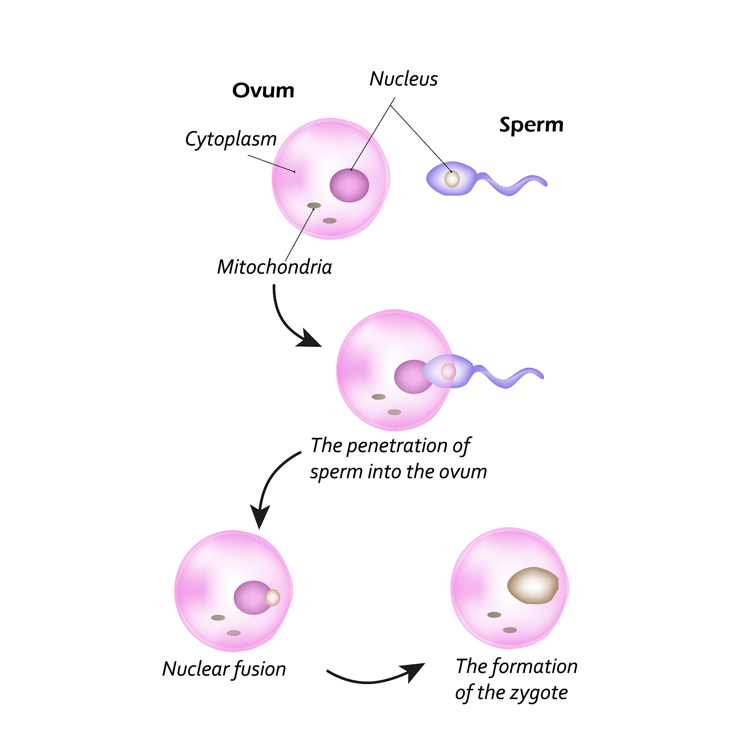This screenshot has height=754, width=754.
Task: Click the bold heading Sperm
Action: click(531, 125)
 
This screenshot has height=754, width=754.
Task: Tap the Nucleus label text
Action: click(404, 79)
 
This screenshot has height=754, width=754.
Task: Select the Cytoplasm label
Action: click(230, 139)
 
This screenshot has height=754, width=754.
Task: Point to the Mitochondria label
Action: click(274, 267)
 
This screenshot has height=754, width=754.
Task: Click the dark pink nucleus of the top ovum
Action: click(349, 186)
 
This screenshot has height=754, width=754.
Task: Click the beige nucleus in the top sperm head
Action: click(452, 179)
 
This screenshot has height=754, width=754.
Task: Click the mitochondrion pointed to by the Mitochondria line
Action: click(314, 206)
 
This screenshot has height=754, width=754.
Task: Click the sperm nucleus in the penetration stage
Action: click(448, 371)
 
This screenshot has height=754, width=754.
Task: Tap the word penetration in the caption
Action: click(397, 446)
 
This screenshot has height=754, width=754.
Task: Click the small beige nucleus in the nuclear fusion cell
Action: click(272, 598)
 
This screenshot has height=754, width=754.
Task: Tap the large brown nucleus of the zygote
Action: click(533, 585)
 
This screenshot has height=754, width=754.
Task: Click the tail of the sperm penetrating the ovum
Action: click(507, 378)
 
